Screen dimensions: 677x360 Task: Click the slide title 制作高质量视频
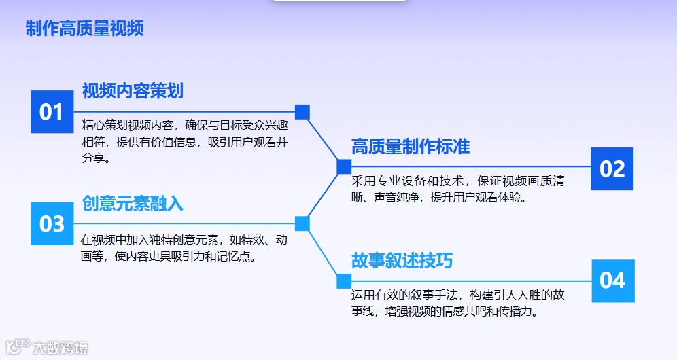84,29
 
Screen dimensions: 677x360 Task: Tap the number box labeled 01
52,111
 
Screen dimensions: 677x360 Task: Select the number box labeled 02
612,168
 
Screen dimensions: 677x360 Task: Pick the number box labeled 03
52,223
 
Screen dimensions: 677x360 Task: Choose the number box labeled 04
612,281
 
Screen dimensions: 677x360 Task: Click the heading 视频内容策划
133,90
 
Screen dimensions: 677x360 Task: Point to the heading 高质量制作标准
410,146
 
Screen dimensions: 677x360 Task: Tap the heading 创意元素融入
133,203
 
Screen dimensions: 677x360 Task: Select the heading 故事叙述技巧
402,261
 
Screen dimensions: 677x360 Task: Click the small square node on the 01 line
302,111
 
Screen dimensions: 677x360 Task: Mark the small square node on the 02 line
345,166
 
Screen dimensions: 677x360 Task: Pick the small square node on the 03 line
302,223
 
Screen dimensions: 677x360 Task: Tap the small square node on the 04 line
345,281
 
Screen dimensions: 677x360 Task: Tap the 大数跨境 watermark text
60,348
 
